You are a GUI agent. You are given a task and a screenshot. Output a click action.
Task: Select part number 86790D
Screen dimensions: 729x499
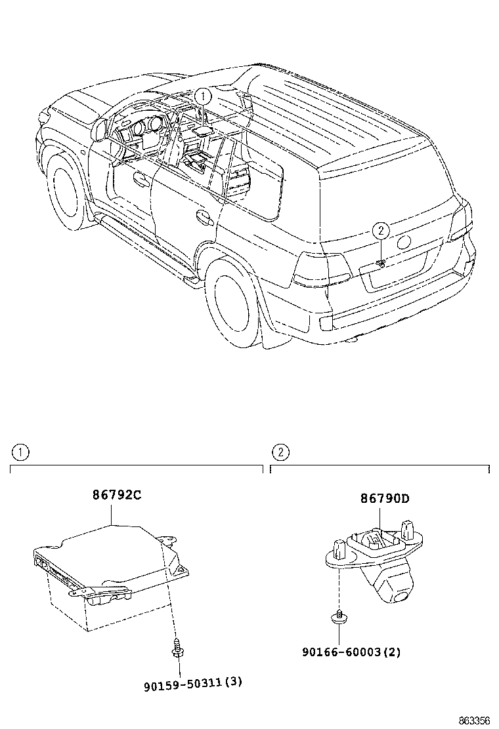(384, 498)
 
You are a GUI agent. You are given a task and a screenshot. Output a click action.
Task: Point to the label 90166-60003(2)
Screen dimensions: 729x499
(351, 652)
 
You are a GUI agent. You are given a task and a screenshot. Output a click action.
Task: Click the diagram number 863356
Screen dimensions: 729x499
(473, 720)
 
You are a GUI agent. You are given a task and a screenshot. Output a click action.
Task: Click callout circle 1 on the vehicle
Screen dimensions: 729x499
(204, 96)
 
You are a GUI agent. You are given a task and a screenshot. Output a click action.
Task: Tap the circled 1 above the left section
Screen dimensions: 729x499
(20, 452)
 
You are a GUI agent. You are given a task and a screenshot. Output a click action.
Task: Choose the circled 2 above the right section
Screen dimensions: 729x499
(280, 452)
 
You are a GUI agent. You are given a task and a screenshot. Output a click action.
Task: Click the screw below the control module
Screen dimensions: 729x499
(177, 647)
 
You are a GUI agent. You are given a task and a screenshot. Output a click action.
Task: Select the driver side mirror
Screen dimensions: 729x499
(99, 129)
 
